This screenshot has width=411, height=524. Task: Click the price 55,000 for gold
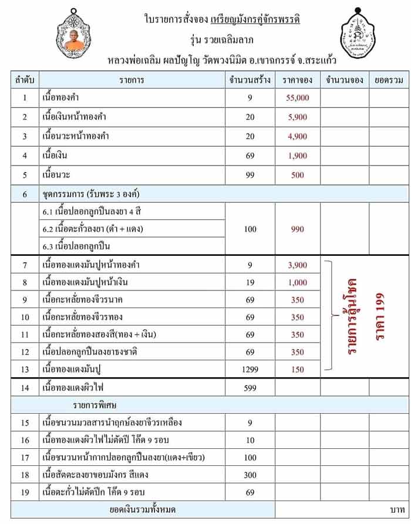click(x=298, y=97)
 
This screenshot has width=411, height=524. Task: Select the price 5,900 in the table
click(x=298, y=117)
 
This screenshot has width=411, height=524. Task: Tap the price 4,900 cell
click(x=298, y=136)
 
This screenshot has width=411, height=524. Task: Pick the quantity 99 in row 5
click(x=250, y=175)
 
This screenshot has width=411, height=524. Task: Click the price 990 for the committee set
click(x=298, y=229)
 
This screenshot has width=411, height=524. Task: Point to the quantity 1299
click(x=250, y=369)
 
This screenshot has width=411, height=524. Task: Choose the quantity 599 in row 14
click(x=250, y=388)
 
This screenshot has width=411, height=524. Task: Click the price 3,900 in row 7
click(x=298, y=265)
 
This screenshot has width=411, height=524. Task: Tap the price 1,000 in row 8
click(x=298, y=282)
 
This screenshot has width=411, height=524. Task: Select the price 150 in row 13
click(x=298, y=369)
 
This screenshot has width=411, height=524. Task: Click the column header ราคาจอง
click(x=298, y=80)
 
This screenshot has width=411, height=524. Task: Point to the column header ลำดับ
click(x=25, y=80)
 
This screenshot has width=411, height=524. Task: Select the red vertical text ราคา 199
click(x=381, y=317)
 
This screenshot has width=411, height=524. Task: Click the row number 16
click(x=25, y=440)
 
